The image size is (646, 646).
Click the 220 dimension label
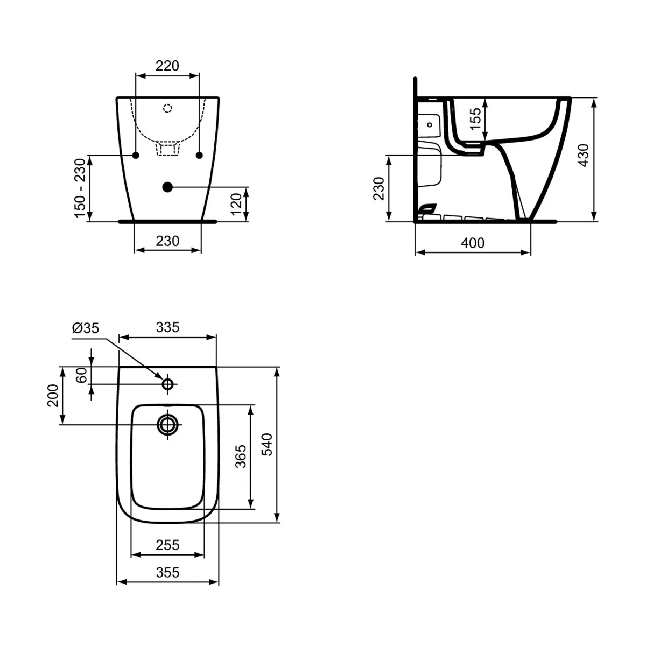(x=167, y=66)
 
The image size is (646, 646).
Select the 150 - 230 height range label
(x=80, y=188)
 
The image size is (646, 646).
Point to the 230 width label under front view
(x=167, y=241)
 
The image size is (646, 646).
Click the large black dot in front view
(x=167, y=187)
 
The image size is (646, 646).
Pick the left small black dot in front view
(x=136, y=155)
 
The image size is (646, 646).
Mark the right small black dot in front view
(x=199, y=155)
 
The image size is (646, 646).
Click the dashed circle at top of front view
(x=167, y=108)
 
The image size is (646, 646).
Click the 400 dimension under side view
(x=473, y=243)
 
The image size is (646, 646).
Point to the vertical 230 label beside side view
(x=379, y=188)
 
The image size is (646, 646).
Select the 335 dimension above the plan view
(x=167, y=327)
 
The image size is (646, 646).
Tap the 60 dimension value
(x=82, y=375)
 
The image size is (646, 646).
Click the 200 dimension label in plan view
(x=53, y=396)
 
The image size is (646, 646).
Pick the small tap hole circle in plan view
(x=167, y=384)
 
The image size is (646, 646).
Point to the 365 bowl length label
(x=241, y=456)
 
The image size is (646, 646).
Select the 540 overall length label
(x=268, y=444)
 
